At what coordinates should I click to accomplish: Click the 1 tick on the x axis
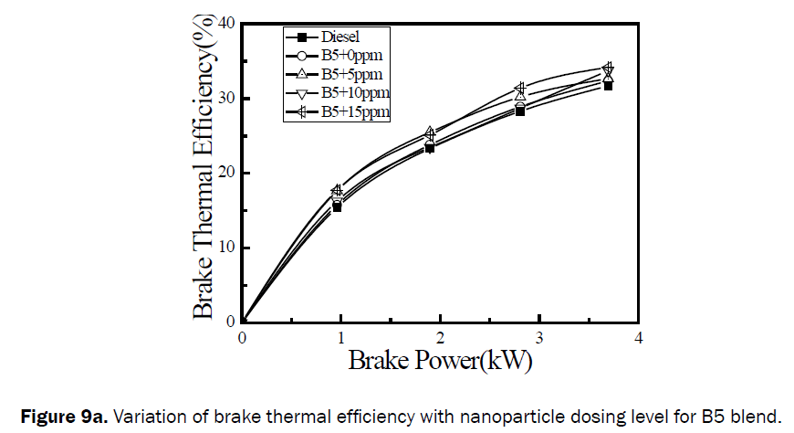point(341,338)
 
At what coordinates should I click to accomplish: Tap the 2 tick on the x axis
point(440,338)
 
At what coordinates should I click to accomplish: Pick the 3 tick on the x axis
point(539,338)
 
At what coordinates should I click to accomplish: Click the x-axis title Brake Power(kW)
point(440,360)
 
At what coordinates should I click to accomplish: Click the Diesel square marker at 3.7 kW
point(608,85)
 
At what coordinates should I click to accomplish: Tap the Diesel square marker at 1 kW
point(337,207)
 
